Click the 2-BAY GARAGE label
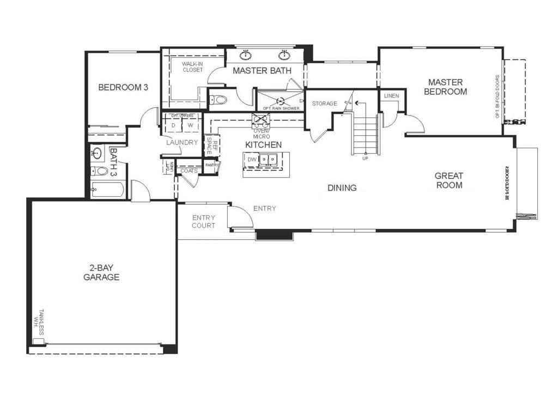click(101, 272)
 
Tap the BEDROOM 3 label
click(123, 87)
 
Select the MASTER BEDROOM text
click(445, 87)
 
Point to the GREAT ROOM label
click(448, 180)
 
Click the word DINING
click(342, 188)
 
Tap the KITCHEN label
click(263, 145)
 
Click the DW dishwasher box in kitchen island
click(251, 159)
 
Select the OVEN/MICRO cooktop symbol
click(258, 122)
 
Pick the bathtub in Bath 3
click(107, 190)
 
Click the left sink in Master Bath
click(246, 55)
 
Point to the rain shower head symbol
click(281, 101)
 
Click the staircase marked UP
click(366, 134)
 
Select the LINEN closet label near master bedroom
click(391, 96)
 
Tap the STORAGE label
click(324, 104)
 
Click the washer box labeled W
click(191, 125)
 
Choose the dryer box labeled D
click(173, 125)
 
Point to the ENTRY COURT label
click(203, 221)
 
